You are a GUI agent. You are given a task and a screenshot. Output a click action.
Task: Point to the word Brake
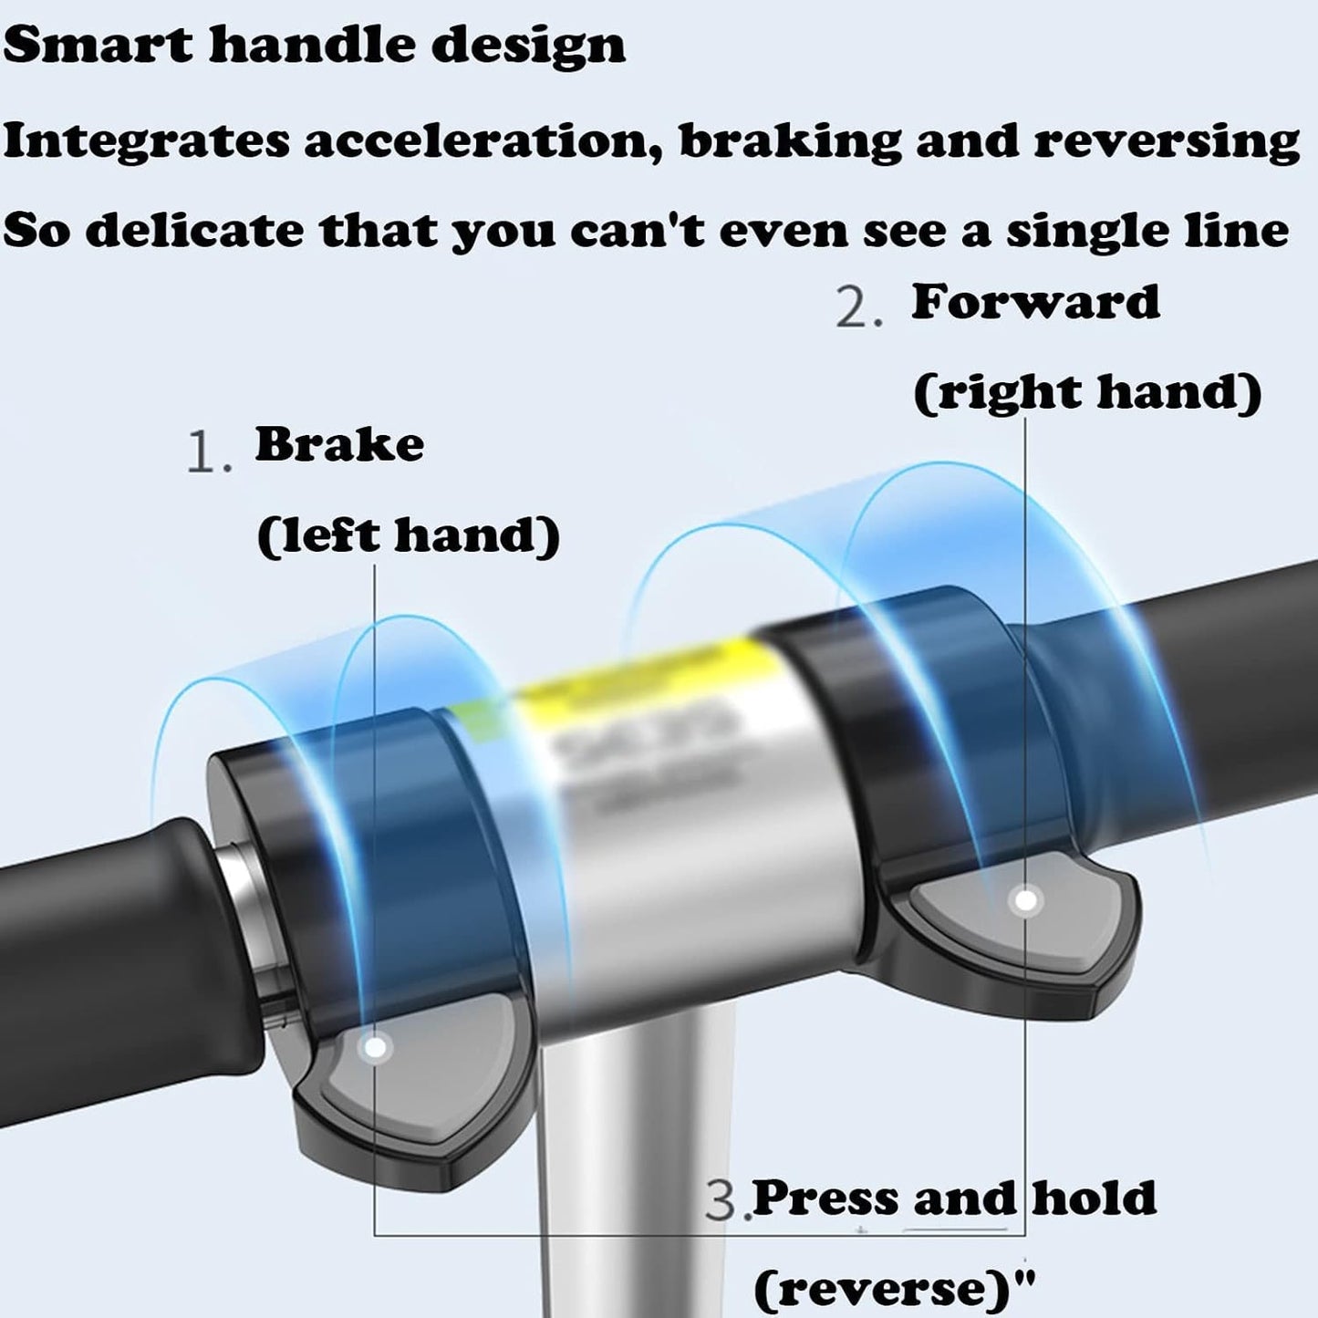(339, 444)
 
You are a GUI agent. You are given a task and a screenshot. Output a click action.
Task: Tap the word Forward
(1035, 302)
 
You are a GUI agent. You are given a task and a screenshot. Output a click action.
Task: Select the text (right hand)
(1087, 391)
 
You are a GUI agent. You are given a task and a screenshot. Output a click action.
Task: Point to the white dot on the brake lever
(376, 1047)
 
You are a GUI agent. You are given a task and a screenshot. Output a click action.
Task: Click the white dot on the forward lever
(1027, 901)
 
